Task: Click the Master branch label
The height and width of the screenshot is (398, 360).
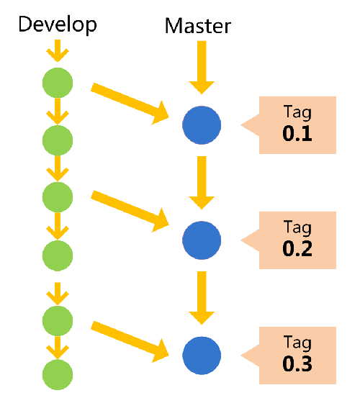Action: (198, 27)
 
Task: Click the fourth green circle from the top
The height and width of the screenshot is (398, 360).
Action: (58, 254)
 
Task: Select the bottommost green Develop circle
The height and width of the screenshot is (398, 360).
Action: (58, 374)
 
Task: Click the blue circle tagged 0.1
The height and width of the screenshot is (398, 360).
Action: (202, 126)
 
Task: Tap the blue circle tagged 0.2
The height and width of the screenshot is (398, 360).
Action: (202, 240)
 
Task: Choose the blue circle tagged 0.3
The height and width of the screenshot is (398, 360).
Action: (202, 355)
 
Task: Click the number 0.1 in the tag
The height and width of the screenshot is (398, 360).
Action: (297, 134)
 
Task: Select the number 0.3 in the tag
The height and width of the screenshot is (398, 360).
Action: (297, 363)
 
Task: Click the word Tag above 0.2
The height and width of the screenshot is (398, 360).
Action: (297, 229)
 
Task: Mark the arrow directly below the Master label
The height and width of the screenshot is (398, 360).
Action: (202, 67)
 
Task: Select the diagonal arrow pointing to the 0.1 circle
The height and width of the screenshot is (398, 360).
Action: (130, 101)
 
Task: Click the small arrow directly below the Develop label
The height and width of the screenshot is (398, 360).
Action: (58, 52)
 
